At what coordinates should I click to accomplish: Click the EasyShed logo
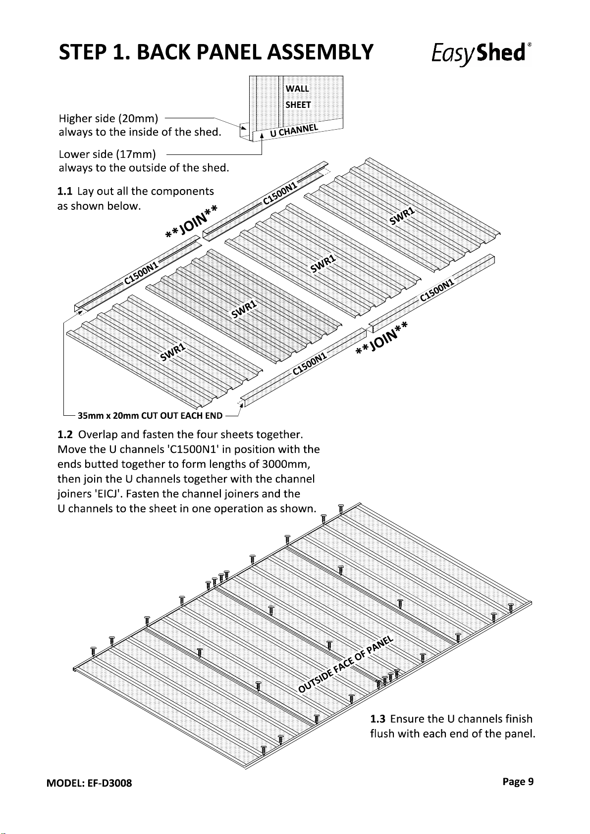(x=481, y=53)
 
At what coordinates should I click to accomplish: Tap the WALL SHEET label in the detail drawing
(x=298, y=97)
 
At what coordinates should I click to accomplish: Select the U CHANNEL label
(x=294, y=131)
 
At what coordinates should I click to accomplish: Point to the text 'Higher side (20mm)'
(x=108, y=119)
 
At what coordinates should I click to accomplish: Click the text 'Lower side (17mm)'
(x=107, y=154)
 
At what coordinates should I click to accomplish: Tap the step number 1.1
(x=64, y=192)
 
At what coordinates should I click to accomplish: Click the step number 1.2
(x=65, y=435)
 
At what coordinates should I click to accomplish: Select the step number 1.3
(x=377, y=719)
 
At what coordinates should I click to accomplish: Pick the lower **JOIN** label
(x=381, y=338)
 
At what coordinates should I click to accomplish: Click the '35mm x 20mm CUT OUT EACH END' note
(x=150, y=415)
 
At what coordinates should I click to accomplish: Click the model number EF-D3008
(x=109, y=783)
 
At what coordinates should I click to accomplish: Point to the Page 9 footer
(x=518, y=782)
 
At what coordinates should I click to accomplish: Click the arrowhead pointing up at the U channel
(x=262, y=136)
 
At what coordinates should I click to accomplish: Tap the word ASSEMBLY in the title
(x=320, y=52)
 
